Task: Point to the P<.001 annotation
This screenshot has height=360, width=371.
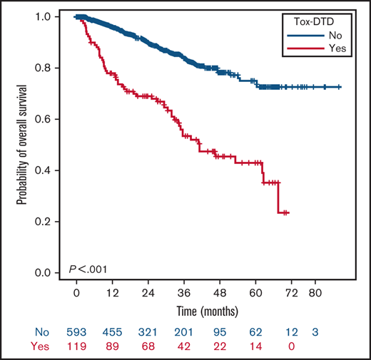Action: tap(88, 269)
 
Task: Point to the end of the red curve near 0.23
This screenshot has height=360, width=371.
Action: tap(287, 212)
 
